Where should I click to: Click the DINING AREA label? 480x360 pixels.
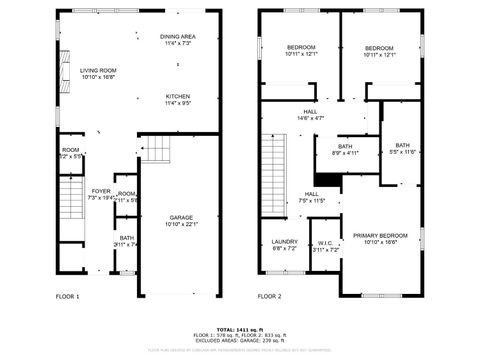click(178, 37)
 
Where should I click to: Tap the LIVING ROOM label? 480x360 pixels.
click(98, 70)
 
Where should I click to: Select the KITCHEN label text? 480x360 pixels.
click(178, 96)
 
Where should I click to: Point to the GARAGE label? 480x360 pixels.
click(181, 217)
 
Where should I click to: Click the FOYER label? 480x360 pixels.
click(101, 191)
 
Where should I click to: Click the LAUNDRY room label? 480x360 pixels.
click(285, 241)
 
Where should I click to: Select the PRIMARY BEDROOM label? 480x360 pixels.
click(379, 235)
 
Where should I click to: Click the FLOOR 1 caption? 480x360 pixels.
click(67, 297)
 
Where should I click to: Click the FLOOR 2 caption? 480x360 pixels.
click(269, 297)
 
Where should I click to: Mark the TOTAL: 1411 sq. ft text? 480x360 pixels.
click(239, 329)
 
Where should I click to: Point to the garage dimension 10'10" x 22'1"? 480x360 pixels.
click(181, 224)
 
